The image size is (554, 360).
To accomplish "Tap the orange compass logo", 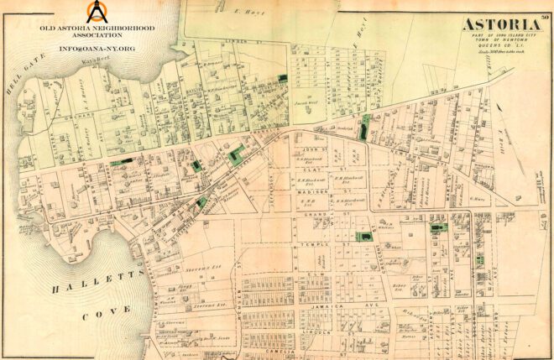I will pyautogui.click(x=99, y=12).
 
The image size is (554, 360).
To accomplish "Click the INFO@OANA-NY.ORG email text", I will pyautogui.click(x=97, y=49).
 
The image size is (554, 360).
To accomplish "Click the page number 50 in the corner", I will pyautogui.click(x=545, y=8).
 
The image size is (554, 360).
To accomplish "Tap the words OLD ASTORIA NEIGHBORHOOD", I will pyautogui.click(x=98, y=28).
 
